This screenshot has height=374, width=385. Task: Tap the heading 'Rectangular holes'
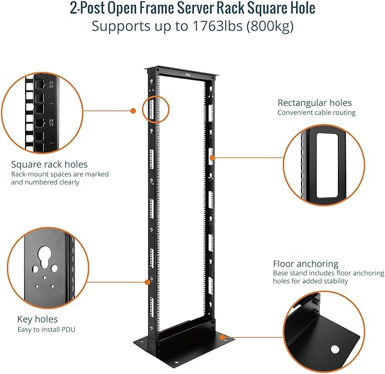click(x=314, y=102)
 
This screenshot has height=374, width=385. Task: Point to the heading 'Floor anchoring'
click(x=306, y=264)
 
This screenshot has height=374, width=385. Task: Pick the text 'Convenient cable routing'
click(x=316, y=113)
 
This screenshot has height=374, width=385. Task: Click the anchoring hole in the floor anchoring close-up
click(x=336, y=350)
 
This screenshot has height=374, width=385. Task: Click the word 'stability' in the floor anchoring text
click(x=335, y=281)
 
